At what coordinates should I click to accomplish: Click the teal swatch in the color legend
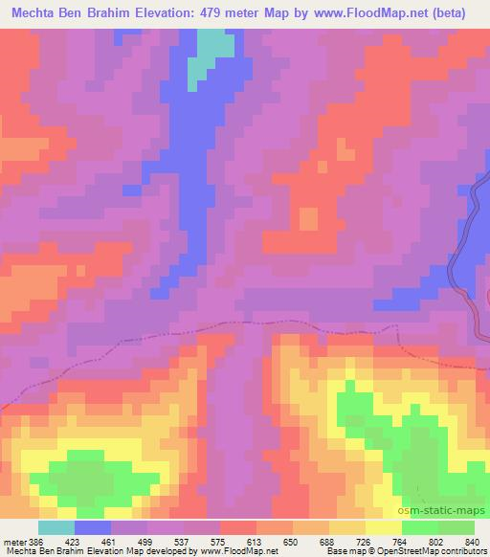pos(56,527)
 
